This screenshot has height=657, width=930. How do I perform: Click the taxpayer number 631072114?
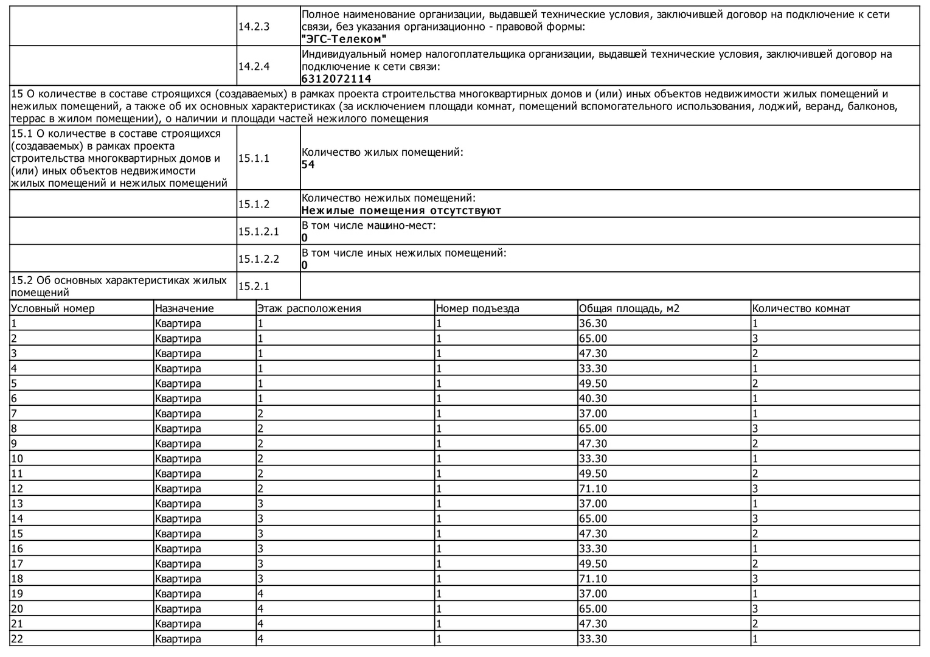336,79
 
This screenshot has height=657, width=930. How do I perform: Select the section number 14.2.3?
254,27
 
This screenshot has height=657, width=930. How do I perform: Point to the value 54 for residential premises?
308,165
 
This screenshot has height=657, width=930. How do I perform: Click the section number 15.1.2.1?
259,231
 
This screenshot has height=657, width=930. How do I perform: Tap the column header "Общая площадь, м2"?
629,308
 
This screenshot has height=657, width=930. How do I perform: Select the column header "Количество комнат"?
801,308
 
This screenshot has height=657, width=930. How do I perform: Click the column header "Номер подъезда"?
477,308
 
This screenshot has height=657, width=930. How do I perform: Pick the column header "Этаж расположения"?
309,308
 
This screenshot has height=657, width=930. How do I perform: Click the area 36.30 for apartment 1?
593,324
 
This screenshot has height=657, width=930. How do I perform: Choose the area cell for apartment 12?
593,488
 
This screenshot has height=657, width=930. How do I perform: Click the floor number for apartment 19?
260,594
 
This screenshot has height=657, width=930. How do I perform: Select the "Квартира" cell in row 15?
178,534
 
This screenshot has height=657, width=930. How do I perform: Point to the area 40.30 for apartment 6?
593,398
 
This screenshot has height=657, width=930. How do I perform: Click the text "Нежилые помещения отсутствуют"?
401,210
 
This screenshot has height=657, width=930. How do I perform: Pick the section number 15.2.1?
254,286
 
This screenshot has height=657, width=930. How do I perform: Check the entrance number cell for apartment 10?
439,459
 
